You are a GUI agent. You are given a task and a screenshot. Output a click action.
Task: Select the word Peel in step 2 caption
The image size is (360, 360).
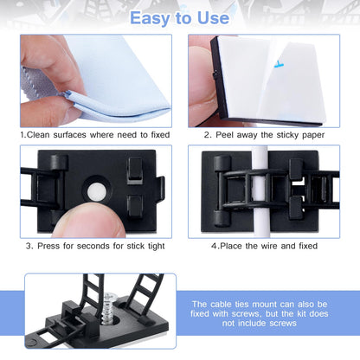(226, 134)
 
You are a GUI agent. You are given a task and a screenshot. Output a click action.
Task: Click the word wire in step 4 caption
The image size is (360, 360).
(270, 246)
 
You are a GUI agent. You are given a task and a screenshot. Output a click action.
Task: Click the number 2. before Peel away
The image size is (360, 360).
(209, 134)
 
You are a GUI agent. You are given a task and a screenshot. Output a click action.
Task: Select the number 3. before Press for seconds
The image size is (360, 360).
(30, 246)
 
